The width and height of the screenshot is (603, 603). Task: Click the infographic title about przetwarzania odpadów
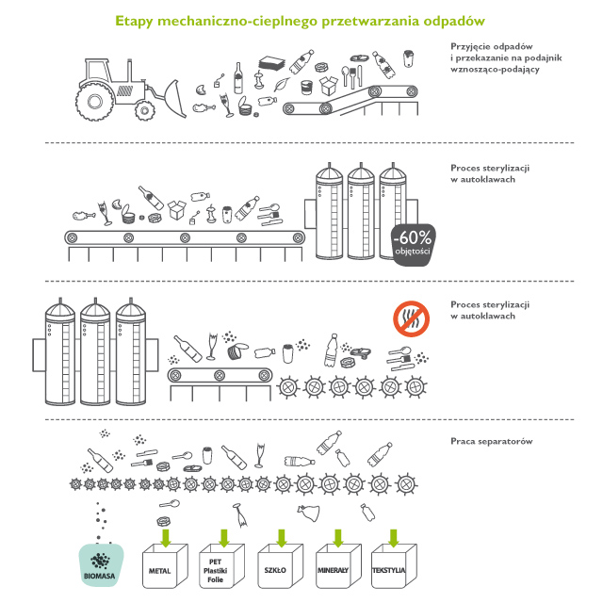(301, 19)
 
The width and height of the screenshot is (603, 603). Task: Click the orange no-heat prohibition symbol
(411, 318)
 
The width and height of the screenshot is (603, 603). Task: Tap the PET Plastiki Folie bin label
(219, 571)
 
